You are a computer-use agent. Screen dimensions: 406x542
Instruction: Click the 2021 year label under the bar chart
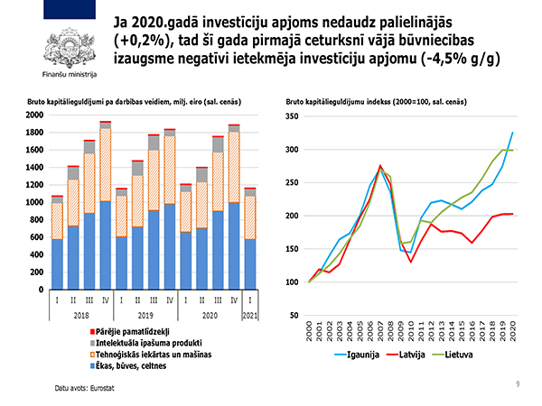click(x=252, y=316)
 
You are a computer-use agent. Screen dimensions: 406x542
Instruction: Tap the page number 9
click(x=518, y=384)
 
